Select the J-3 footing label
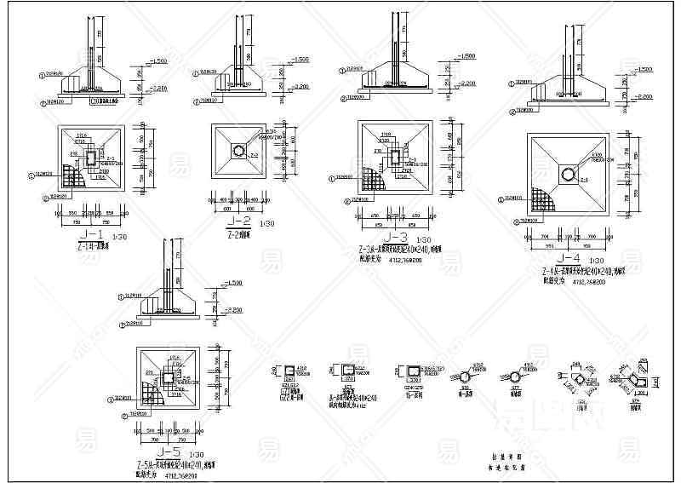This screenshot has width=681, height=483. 398,237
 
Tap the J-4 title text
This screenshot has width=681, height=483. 567,257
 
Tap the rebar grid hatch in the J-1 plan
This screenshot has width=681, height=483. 75,177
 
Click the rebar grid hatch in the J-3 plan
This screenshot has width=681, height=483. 374,180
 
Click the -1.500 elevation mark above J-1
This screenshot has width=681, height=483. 158,61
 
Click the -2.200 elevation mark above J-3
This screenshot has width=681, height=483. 466,83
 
